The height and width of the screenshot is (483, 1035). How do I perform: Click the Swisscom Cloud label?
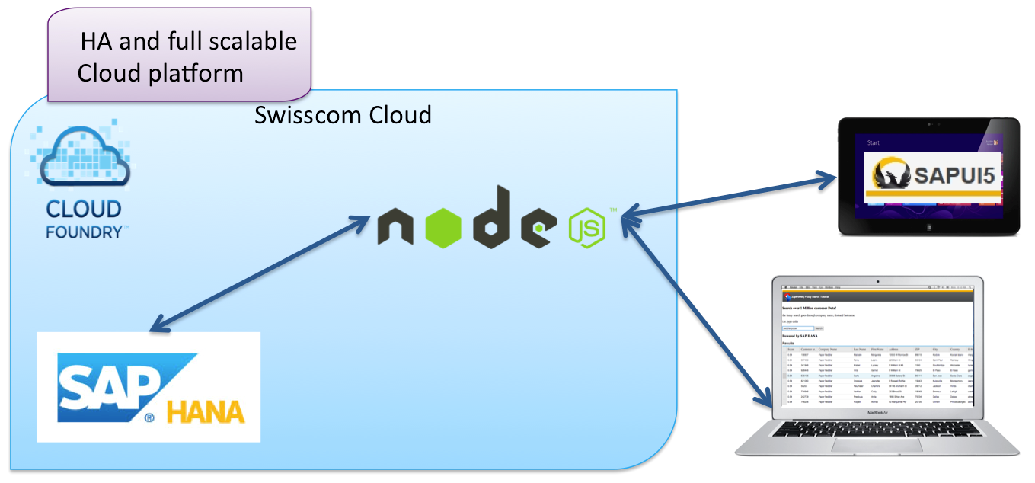click(x=343, y=115)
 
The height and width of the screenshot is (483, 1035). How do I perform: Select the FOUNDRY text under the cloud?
click(x=84, y=232)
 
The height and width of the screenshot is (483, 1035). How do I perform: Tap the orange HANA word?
click(x=206, y=412)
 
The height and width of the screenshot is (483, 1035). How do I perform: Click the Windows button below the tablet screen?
click(x=928, y=228)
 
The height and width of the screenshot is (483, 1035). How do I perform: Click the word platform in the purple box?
click(x=199, y=73)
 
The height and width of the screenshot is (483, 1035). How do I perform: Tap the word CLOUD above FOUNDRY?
click(x=84, y=209)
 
